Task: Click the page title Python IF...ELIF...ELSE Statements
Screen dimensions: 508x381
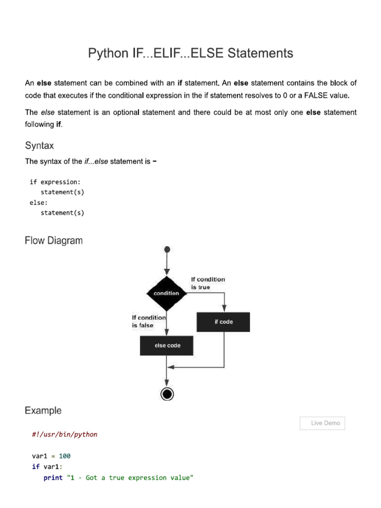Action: (190, 53)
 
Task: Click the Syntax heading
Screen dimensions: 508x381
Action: (39, 145)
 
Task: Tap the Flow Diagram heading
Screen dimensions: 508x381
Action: (54, 241)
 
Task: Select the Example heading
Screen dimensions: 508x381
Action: (43, 411)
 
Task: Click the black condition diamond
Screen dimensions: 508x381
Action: (167, 293)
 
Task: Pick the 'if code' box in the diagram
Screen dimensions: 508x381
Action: (223, 322)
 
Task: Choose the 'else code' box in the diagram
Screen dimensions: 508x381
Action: (167, 345)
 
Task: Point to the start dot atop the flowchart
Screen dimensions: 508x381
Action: (167, 249)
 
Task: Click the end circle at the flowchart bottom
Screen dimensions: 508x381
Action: (167, 394)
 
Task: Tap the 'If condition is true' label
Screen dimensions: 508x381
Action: (207, 283)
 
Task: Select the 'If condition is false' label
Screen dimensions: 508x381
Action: (148, 321)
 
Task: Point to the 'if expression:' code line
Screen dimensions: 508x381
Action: (55, 182)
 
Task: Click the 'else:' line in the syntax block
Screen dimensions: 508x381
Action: (39, 202)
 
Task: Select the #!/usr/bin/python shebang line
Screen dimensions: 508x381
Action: (64, 435)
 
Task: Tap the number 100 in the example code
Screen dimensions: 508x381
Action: (64, 455)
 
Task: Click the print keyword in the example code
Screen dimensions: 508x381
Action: (53, 478)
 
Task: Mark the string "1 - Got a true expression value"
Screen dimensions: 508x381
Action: (129, 478)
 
